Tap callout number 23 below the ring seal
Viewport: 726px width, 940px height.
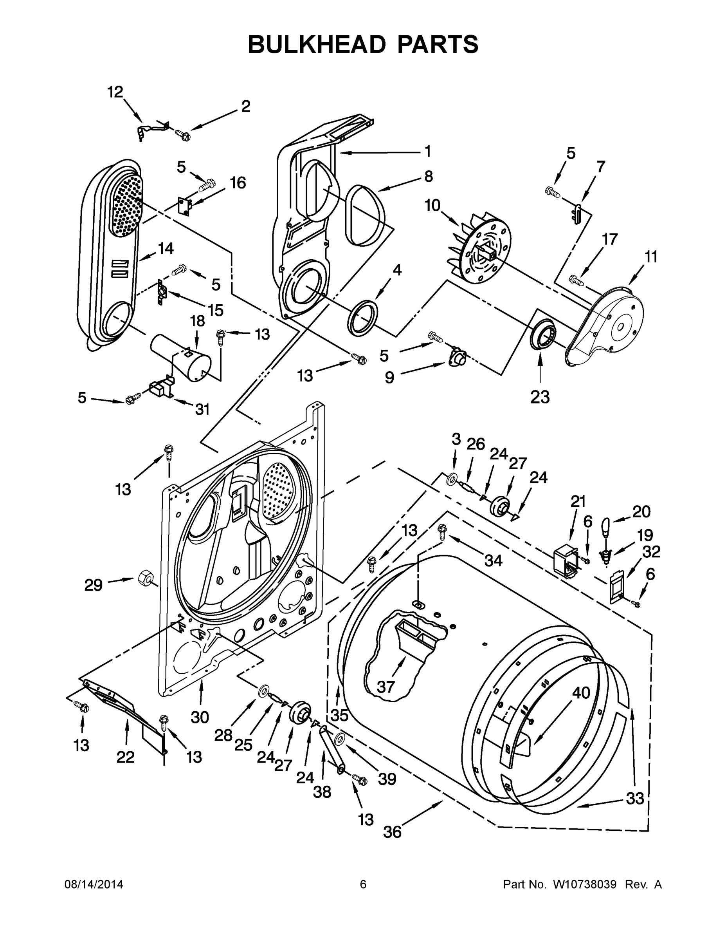tap(540, 396)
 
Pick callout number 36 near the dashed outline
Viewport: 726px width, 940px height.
tap(392, 832)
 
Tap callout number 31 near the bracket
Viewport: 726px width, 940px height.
tap(202, 409)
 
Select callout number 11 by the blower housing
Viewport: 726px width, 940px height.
tap(651, 257)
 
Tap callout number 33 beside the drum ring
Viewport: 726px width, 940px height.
tap(634, 798)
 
